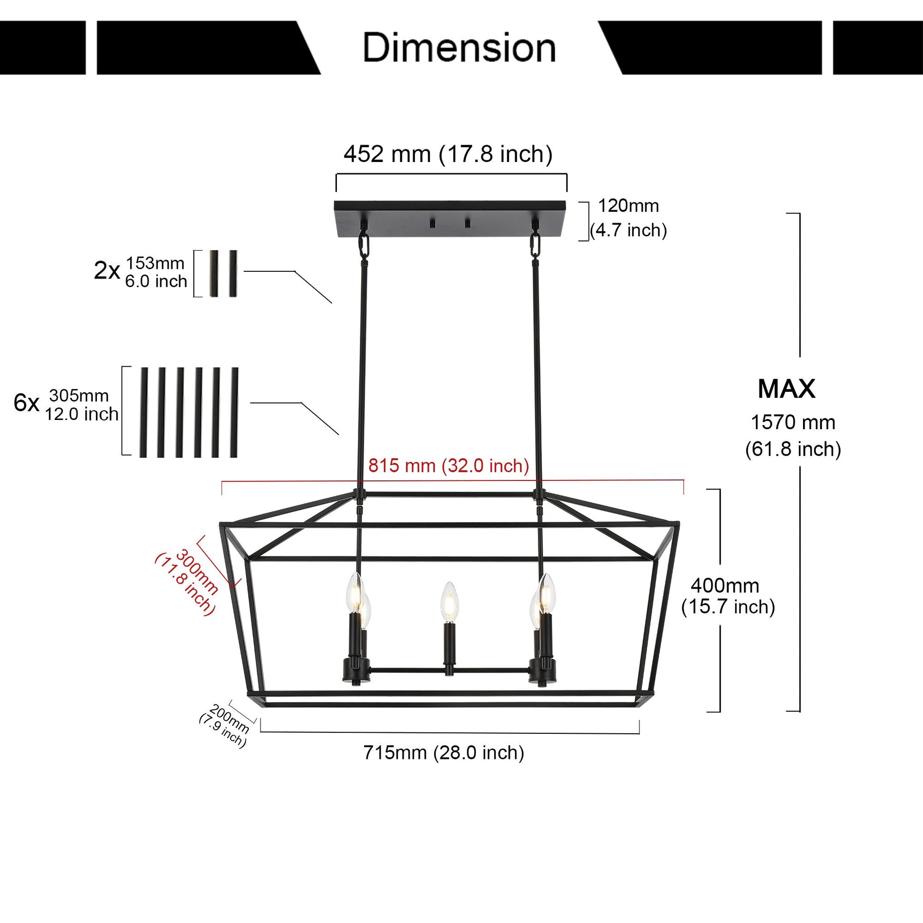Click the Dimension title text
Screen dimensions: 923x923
point(459,48)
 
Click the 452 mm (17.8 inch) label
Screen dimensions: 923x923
point(448,154)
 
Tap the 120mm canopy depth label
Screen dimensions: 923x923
point(628,206)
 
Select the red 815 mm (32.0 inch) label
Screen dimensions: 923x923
point(448,466)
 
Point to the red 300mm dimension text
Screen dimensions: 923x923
point(197,571)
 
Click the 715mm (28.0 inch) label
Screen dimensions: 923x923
point(444,753)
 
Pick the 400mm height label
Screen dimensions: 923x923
point(725,586)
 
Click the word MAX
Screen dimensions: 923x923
point(786,389)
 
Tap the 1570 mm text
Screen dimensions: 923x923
point(793,423)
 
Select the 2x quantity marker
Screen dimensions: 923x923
point(107,270)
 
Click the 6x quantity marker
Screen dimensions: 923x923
point(26,403)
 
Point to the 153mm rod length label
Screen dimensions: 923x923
point(155,263)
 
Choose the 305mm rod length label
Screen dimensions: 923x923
point(79,396)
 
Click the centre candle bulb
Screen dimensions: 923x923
point(449,601)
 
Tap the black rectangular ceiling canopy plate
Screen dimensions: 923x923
point(450,218)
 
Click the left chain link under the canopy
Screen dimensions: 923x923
point(364,245)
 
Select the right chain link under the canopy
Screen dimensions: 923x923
point(535,245)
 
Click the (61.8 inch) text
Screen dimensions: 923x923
point(793,449)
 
